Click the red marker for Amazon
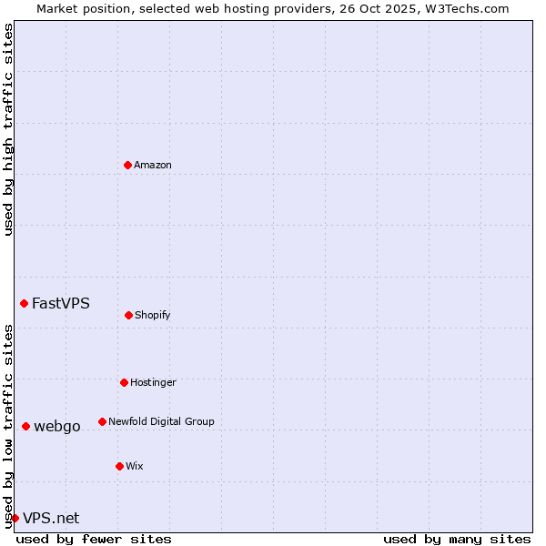pyautogui.click(x=127, y=165)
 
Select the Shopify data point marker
pyautogui.click(x=128, y=315)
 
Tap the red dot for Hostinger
pyautogui.click(x=124, y=382)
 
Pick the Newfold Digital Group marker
pyautogui.click(x=102, y=421)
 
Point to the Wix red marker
pyautogui.click(x=119, y=466)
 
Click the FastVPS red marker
pyautogui.click(x=24, y=303)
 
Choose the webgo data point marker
pyautogui.click(x=25, y=426)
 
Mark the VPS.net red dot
pyautogui.click(x=15, y=518)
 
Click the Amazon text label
pyautogui.click(x=153, y=165)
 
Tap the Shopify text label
pyautogui.click(x=153, y=315)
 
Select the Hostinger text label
pyautogui.click(x=153, y=382)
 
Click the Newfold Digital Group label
pyautogui.click(x=161, y=421)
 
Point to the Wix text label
pyautogui.click(x=135, y=466)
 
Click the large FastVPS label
pyautogui.click(x=61, y=303)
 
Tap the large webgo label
pyautogui.click(x=57, y=426)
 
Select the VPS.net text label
pyautogui.click(x=51, y=518)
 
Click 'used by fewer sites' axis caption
pyautogui.click(x=94, y=539)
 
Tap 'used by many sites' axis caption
pyautogui.click(x=457, y=539)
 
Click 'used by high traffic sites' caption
pyautogui.click(x=8, y=129)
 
